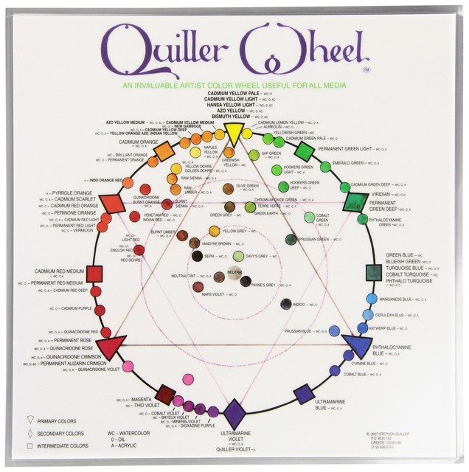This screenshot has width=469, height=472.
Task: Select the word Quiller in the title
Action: [167, 49]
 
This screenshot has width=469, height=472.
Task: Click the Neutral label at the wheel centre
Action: [234, 272]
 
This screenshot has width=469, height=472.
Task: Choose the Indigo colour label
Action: [299, 305]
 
